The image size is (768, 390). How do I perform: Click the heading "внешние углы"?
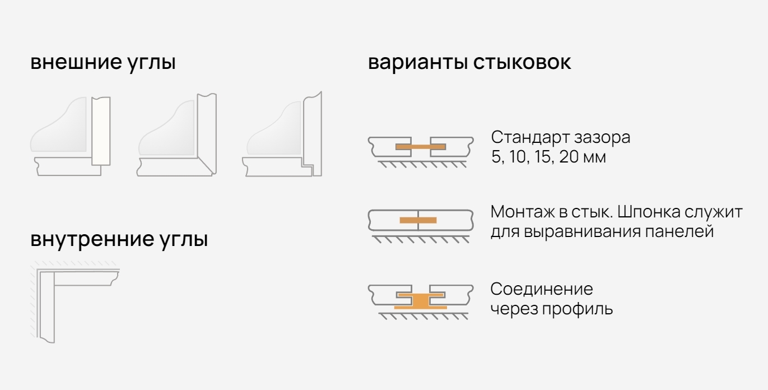click(103, 62)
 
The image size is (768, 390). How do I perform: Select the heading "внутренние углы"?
click(119, 239)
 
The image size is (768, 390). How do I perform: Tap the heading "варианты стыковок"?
click(469, 62)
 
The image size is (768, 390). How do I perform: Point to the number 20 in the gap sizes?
click(569, 157)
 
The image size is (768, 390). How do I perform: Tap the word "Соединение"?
click(541, 290)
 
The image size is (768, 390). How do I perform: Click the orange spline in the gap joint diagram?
click(421, 147)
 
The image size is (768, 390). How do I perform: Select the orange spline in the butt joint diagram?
click(418, 220)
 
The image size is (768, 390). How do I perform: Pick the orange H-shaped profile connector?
click(421, 301)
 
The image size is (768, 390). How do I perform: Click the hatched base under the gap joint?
click(421, 164)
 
